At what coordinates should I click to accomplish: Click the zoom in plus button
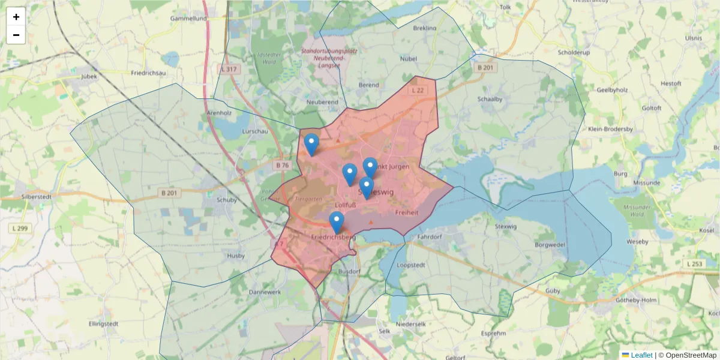pos(16,17)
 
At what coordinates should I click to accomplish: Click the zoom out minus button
pos(16,35)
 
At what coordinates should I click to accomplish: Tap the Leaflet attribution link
pos(641,355)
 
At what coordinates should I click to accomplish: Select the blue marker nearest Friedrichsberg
pos(337,222)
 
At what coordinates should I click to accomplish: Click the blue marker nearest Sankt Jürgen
pos(370,168)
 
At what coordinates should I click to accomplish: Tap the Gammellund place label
pos(188,18)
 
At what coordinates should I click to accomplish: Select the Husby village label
pos(236,256)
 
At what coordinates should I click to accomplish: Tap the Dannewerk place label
pos(265,292)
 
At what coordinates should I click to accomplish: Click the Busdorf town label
pos(350,271)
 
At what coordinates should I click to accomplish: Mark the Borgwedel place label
pos(549,245)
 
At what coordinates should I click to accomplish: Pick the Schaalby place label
pos(490,99)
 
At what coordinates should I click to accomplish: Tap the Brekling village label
pos(425,28)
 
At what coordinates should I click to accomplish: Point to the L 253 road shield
pos(694,264)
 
